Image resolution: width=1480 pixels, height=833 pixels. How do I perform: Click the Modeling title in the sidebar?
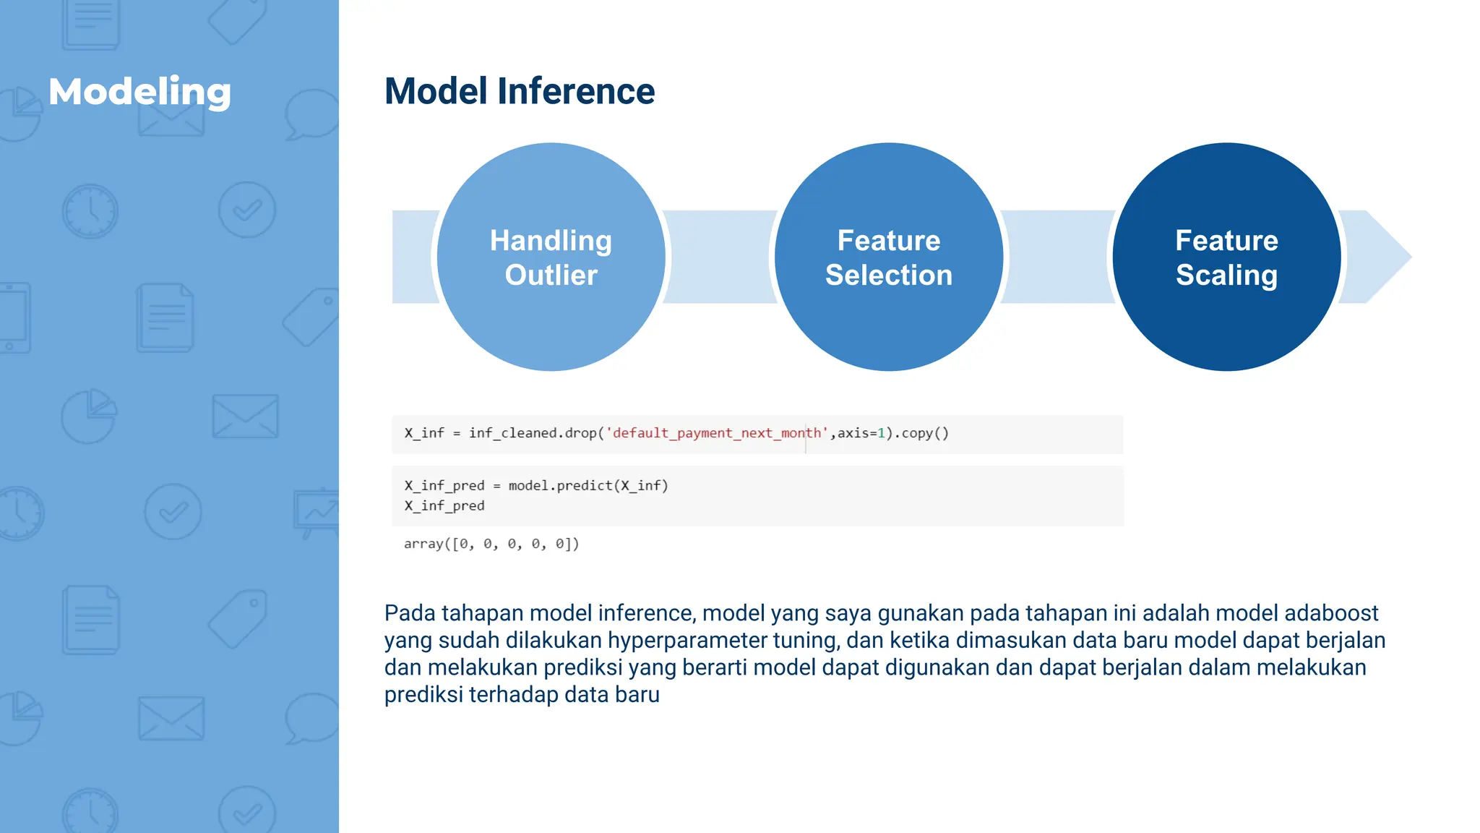click(x=139, y=92)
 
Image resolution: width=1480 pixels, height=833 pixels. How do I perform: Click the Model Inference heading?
click(x=519, y=91)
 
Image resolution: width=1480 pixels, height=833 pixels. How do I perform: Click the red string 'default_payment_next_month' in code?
click(x=717, y=433)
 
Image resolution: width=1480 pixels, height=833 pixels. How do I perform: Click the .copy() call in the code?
click(x=921, y=433)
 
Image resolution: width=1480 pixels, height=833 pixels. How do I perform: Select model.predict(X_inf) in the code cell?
click(x=588, y=486)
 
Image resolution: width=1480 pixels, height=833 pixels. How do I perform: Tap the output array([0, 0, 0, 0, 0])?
click(x=491, y=544)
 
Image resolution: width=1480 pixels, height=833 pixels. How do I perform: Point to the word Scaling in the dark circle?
click(x=1226, y=275)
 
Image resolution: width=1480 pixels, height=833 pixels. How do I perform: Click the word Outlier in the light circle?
click(x=551, y=275)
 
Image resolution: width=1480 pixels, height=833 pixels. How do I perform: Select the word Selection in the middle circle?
click(x=888, y=275)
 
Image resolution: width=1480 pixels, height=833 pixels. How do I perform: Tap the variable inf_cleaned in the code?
click(x=512, y=433)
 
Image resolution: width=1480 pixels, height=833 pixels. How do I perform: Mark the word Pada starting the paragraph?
click(x=410, y=613)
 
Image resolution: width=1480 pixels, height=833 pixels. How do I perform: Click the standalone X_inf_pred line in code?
click(x=444, y=506)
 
